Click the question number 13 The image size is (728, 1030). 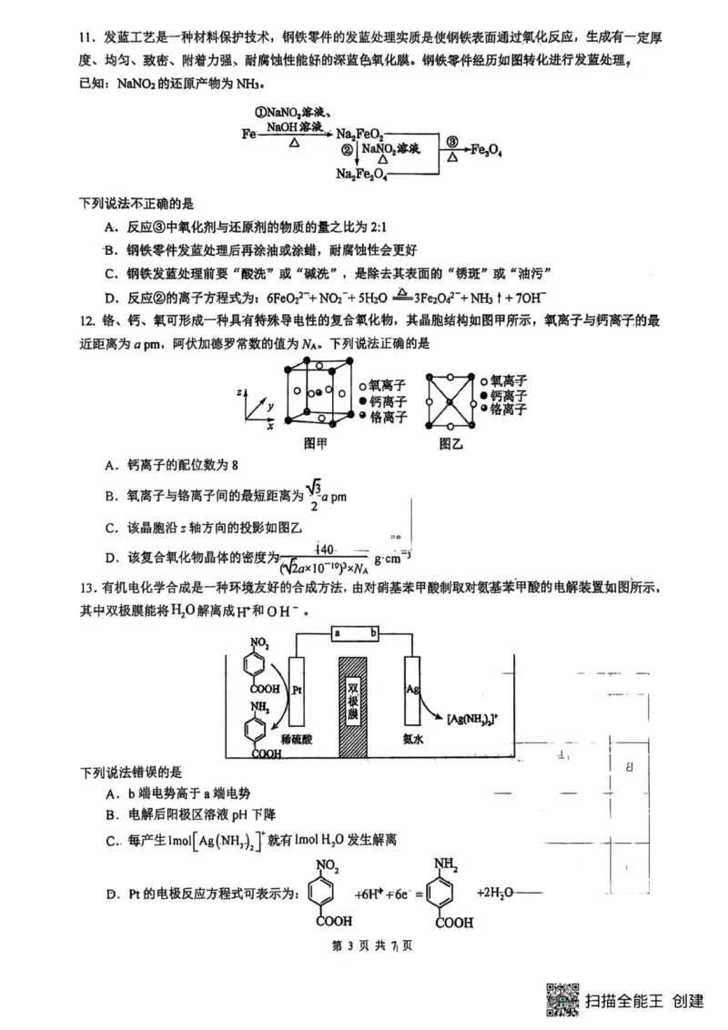88,588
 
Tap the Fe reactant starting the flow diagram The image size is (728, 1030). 248,134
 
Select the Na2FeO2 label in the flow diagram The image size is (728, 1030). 359,135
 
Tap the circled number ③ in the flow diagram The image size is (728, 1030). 452,142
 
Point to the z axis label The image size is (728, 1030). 238,390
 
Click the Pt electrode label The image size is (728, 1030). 298,691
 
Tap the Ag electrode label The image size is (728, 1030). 411,691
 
